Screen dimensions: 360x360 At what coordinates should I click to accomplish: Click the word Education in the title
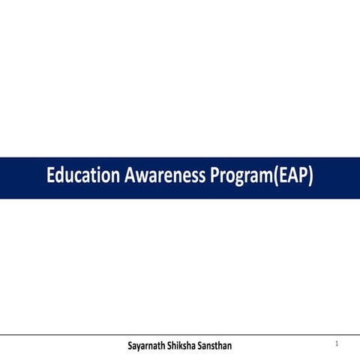coord(82,177)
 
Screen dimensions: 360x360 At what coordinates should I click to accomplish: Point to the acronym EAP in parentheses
coord(293,177)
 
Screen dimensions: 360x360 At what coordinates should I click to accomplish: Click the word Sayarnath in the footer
coord(151,346)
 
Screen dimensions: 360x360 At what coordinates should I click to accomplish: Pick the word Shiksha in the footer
coord(194,346)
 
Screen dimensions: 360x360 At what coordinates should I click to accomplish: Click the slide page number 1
coord(337,343)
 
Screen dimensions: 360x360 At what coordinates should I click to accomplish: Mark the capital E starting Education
coord(51,177)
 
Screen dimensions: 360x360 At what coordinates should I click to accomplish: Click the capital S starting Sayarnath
coord(131,346)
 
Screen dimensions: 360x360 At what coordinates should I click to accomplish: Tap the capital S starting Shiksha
coord(181,346)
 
